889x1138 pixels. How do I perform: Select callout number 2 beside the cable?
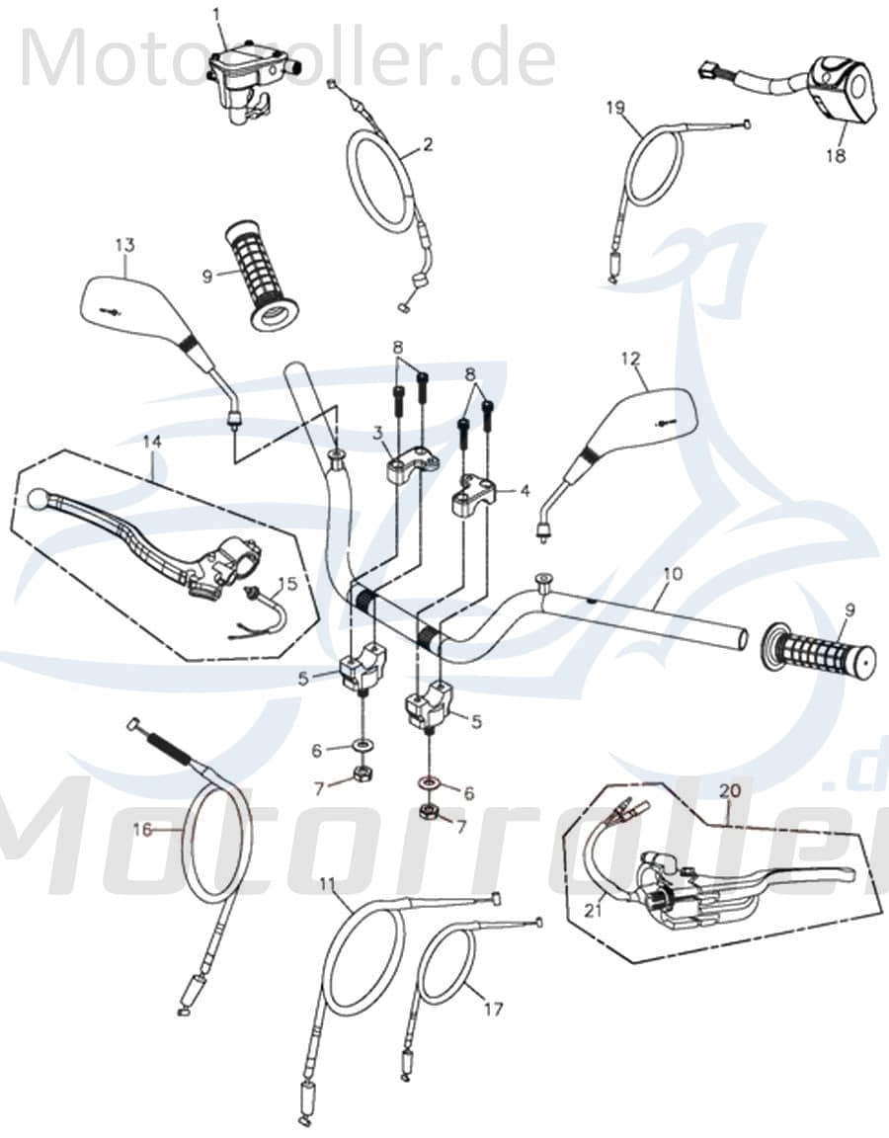point(427,144)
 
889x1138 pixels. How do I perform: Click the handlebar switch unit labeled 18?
point(842,89)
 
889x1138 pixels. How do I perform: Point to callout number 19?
point(615,108)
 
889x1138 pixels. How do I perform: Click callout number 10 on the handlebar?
point(672,573)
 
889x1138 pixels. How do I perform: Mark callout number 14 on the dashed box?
point(151,444)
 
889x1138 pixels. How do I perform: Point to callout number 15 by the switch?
point(286,584)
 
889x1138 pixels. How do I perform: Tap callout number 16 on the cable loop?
point(143,830)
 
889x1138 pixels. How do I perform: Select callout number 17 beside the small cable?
point(494,1009)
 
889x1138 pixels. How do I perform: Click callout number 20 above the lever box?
point(729,790)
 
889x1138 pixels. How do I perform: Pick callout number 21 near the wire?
point(592,912)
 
